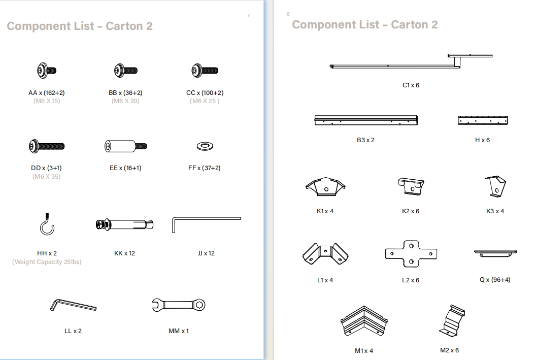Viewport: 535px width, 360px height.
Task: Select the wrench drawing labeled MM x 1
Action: pyautogui.click(x=179, y=305)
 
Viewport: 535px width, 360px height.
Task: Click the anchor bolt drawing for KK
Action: pyautogui.click(x=124, y=224)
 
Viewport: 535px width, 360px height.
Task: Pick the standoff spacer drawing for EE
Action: pyautogui.click(x=125, y=146)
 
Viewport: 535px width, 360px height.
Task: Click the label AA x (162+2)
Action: pyautogui.click(x=46, y=93)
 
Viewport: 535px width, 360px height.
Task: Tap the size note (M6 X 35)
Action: pyautogui.click(x=46, y=176)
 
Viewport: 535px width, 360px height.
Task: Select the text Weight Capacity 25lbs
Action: pyautogui.click(x=47, y=262)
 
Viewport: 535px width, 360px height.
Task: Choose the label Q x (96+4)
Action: pyautogui.click(x=495, y=280)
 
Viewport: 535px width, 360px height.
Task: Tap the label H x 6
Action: pyautogui.click(x=482, y=140)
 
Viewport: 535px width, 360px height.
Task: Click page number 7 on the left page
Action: pyautogui.click(x=248, y=16)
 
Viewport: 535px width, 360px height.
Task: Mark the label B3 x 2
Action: pyautogui.click(x=366, y=140)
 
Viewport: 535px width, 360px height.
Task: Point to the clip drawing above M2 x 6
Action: pyautogui.click(x=452, y=320)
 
